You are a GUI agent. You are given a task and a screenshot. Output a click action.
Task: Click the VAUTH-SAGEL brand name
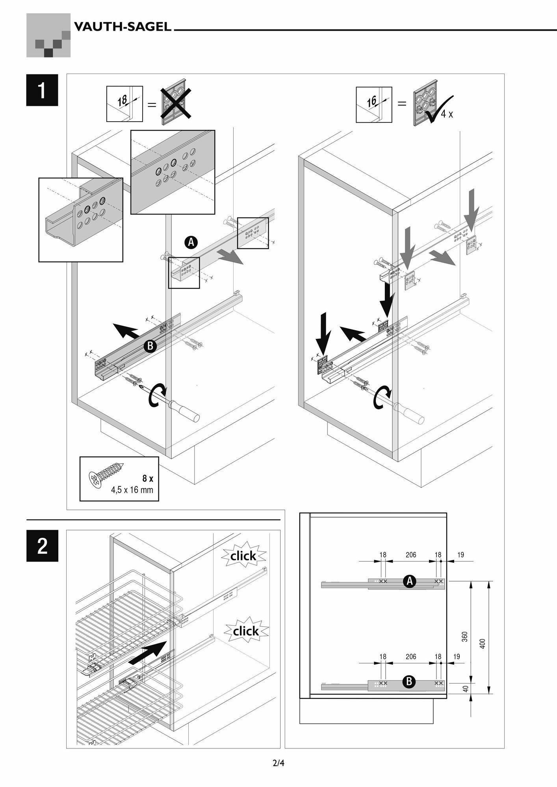coord(123,27)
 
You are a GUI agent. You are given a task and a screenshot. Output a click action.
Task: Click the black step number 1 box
coord(42,90)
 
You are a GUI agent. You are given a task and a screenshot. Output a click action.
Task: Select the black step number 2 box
coord(42,546)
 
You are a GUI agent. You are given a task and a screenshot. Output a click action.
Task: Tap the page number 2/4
coord(278,763)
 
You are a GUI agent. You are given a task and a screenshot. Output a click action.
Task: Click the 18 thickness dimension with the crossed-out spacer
coord(123,101)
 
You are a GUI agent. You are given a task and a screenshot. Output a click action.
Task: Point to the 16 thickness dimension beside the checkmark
coord(372,102)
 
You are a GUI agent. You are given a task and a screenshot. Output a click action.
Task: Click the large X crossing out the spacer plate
coord(176,103)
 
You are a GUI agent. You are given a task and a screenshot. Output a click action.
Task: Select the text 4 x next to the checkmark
coord(447,115)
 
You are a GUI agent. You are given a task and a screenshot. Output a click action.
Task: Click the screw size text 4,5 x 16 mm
coord(132,490)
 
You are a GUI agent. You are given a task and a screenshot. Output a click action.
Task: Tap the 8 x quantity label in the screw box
coord(148,478)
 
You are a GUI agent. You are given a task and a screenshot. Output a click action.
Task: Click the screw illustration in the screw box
coord(107,474)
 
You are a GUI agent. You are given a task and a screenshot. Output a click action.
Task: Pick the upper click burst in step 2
coord(243,556)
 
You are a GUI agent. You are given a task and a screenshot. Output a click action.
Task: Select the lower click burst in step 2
coord(246,631)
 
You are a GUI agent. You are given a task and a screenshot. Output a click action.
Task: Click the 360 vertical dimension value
coord(464,637)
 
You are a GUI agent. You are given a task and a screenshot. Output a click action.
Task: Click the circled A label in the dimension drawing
coord(410,581)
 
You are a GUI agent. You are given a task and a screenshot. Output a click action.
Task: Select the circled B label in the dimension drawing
coord(409,681)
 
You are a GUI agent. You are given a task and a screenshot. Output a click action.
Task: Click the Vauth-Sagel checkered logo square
coord(48,35)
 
